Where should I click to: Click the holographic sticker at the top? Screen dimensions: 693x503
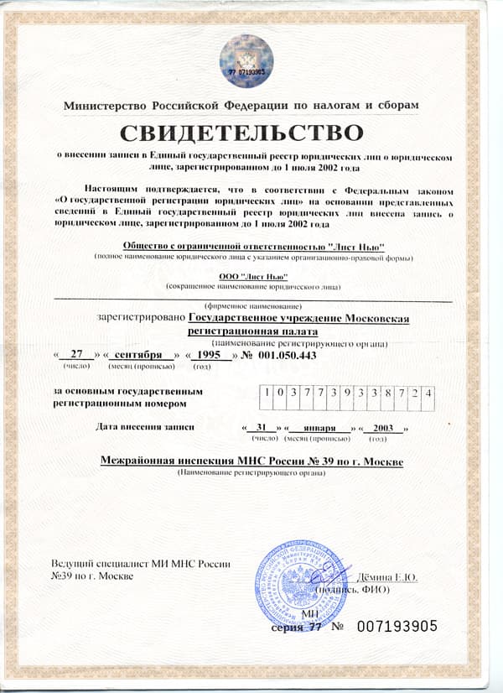pos(246,60)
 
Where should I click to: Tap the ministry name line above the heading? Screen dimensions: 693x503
pos(241,105)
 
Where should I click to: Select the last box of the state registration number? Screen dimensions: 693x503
pos(428,392)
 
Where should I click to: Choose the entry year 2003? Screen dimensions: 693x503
pos(385,428)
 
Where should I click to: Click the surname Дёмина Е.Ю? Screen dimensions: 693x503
pos(387,577)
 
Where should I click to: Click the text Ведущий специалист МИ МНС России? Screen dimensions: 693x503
pos(140,564)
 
